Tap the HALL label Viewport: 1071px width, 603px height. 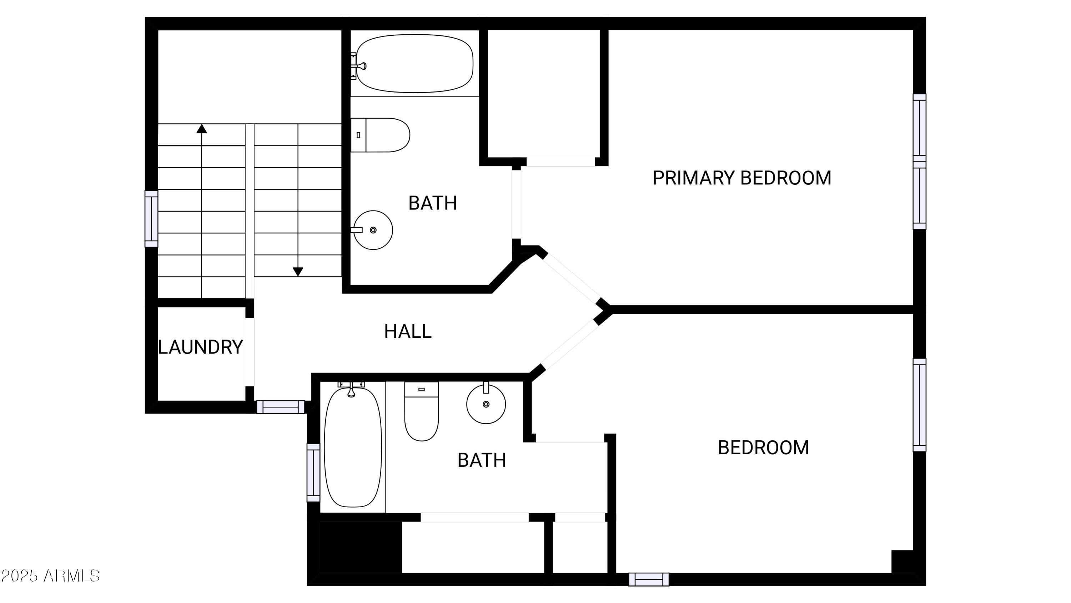pyautogui.click(x=407, y=332)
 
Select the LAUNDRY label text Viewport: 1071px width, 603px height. pyautogui.click(x=200, y=347)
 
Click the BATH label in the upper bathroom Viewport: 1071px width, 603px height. pyautogui.click(x=432, y=203)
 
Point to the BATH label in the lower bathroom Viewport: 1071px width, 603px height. pyautogui.click(x=482, y=460)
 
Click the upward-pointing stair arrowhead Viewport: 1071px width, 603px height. pyautogui.click(x=202, y=129)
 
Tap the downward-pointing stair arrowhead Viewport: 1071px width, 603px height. pyautogui.click(x=298, y=272)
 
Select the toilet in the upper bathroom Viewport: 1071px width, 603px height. pyautogui.click(x=381, y=135)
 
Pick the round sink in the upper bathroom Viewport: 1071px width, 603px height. pyautogui.click(x=373, y=230)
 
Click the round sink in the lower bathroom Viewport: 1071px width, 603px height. pyautogui.click(x=486, y=404)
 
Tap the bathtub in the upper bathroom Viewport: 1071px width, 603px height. pyautogui.click(x=414, y=64)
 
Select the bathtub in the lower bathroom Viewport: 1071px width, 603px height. pyautogui.click(x=353, y=448)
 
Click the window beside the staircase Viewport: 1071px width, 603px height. pyautogui.click(x=151, y=218)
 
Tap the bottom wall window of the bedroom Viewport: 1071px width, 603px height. pyautogui.click(x=648, y=579)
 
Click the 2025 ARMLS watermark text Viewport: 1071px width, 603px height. pyautogui.click(x=50, y=576)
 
